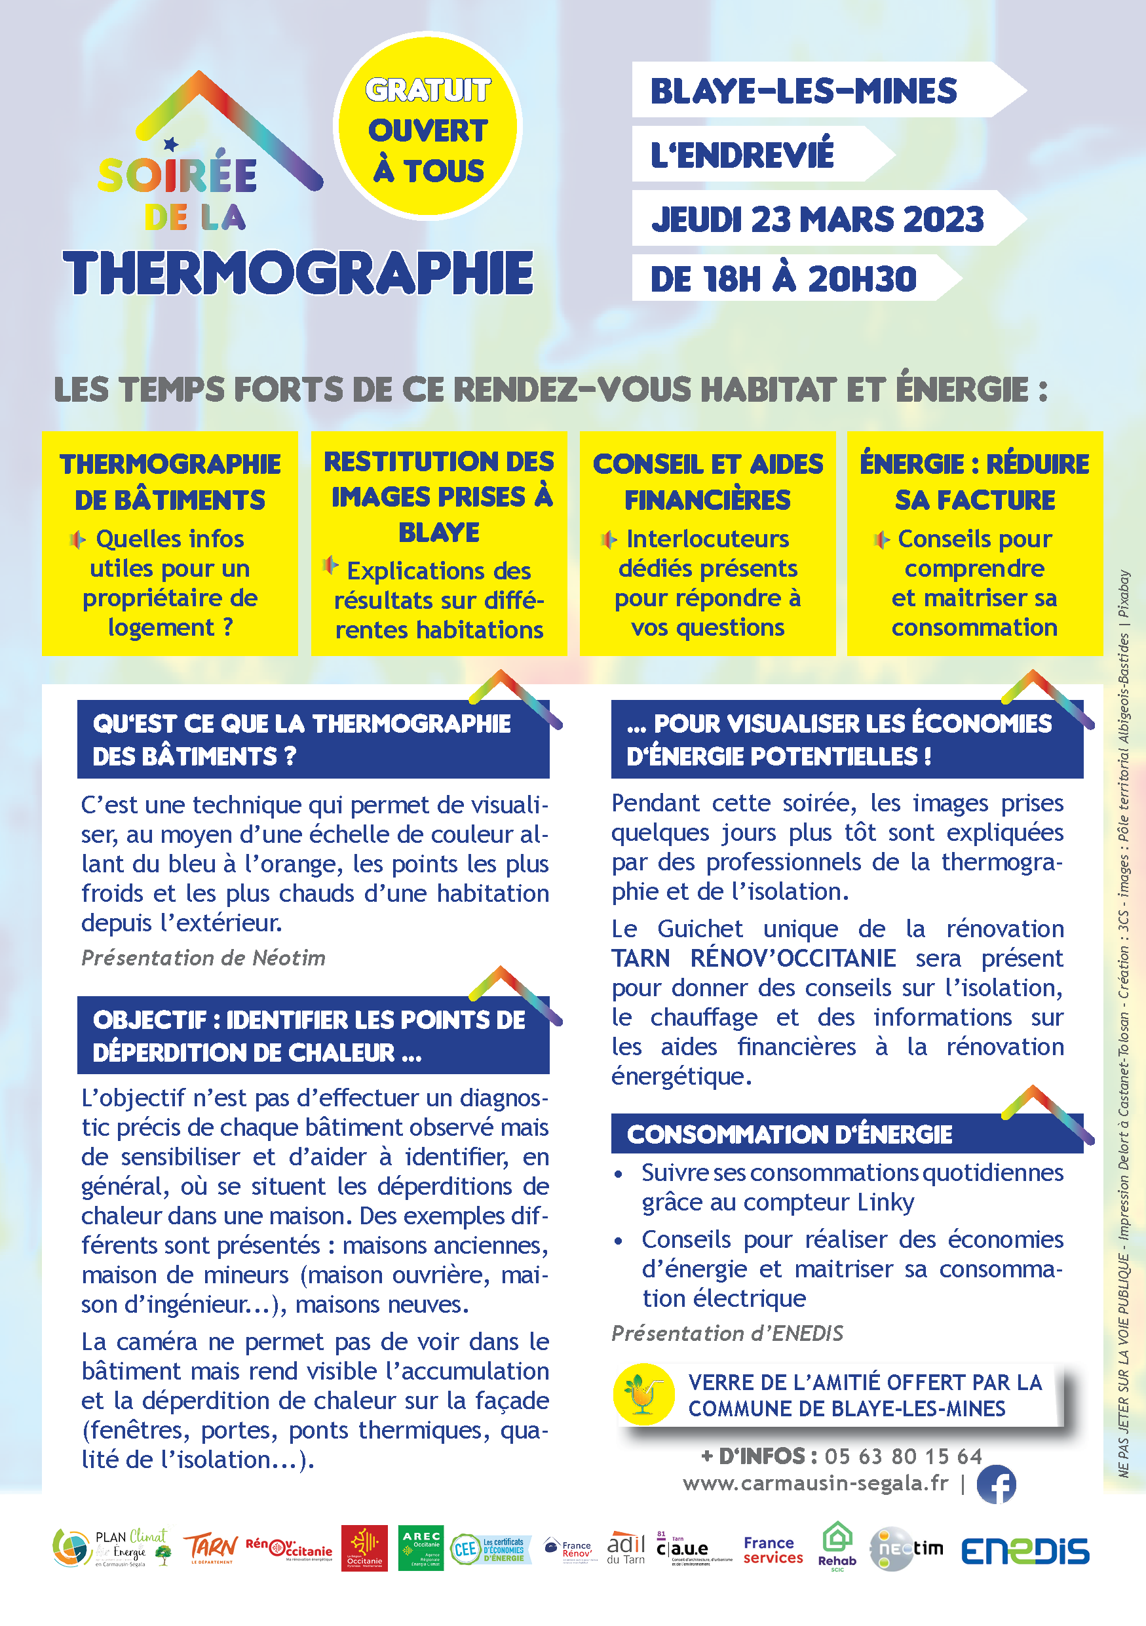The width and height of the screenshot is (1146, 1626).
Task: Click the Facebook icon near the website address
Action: pos(996,1484)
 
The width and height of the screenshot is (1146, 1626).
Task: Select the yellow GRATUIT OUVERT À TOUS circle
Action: pos(427,128)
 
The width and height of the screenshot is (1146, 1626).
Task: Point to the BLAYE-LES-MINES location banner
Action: pos(803,91)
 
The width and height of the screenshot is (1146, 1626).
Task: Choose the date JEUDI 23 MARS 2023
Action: pos(818,219)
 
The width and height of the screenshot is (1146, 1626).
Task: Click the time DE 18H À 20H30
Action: pos(783,279)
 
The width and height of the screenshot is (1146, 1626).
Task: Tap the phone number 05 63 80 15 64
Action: pos(903,1456)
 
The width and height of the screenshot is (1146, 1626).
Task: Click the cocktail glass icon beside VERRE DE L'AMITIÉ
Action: pos(643,1394)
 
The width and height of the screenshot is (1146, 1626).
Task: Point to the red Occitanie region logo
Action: pos(364,1548)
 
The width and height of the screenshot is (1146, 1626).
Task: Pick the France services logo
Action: pos(773,1549)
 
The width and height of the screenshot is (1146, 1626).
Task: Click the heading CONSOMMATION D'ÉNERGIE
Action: pos(790,1134)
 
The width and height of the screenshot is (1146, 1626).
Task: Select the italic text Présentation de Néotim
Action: pos(203,958)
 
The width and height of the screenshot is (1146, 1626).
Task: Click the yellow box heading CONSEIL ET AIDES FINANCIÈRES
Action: pos(708,482)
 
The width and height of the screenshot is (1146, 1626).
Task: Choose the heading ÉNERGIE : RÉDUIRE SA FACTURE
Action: pos(975,482)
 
